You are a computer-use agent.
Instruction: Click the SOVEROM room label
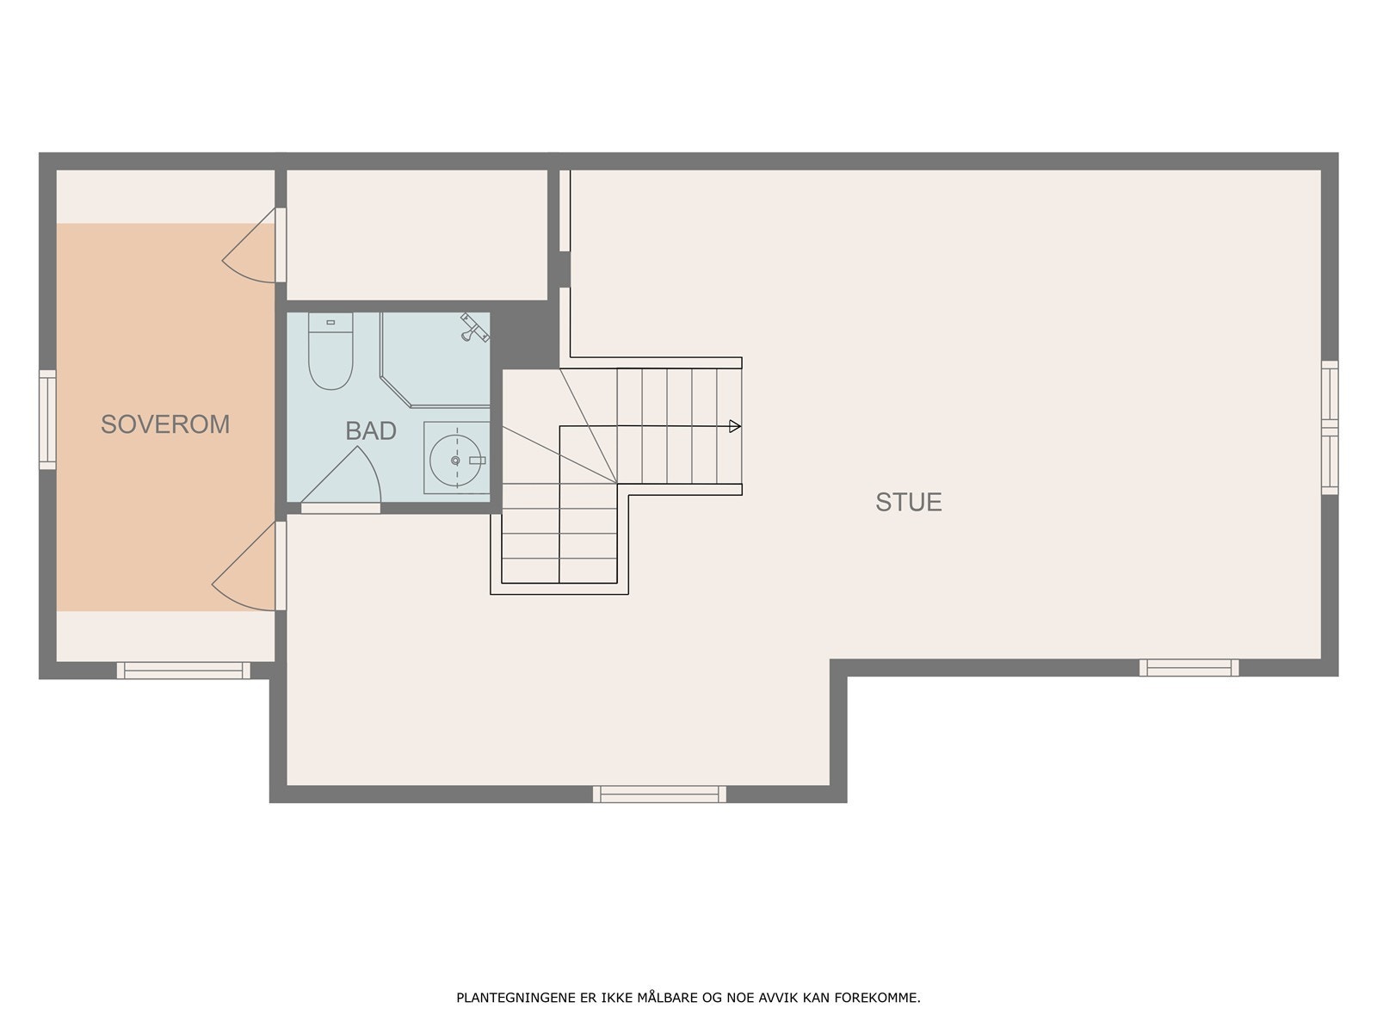[x=165, y=424]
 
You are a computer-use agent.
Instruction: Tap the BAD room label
[x=371, y=431]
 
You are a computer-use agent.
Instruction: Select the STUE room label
[x=909, y=502]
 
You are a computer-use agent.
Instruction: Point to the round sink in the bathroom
[x=454, y=461]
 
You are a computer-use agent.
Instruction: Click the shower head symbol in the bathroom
[x=473, y=327]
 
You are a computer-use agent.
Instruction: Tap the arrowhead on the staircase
[x=734, y=426]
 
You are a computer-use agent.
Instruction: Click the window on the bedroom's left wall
[x=47, y=419]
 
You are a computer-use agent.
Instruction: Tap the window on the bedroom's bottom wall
[x=183, y=670]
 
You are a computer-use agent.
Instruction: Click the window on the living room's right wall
[x=1330, y=427]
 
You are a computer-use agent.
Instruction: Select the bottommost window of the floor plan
[x=659, y=794]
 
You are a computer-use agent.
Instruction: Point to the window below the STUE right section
[x=1189, y=667]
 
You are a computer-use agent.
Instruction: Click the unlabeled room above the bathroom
[x=417, y=234]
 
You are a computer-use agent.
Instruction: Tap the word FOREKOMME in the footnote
[x=886, y=999]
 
